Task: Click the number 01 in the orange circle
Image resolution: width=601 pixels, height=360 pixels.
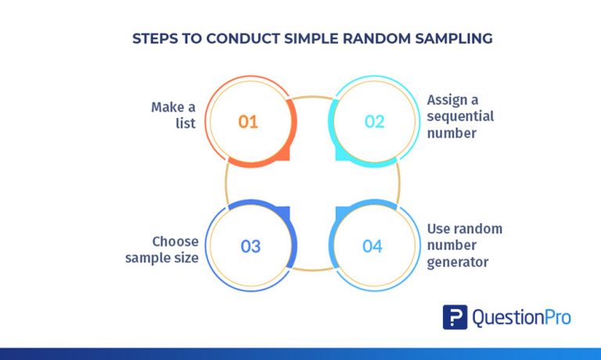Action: pyautogui.click(x=248, y=122)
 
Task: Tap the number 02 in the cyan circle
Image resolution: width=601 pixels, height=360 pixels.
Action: pyautogui.click(x=374, y=122)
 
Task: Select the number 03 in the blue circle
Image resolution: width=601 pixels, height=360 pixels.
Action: pyautogui.click(x=250, y=247)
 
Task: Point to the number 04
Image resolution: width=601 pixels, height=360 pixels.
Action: pyautogui.click(x=372, y=247)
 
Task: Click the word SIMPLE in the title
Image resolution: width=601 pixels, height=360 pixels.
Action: pyautogui.click(x=311, y=38)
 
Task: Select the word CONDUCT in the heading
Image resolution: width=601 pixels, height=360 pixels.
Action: pyautogui.click(x=243, y=38)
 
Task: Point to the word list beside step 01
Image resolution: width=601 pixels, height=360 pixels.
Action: pyautogui.click(x=185, y=123)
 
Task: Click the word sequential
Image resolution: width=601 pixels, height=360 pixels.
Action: pyautogui.click(x=460, y=117)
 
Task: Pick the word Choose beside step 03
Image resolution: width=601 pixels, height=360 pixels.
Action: pyautogui.click(x=175, y=242)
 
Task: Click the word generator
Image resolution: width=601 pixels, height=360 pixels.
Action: pyautogui.click(x=458, y=263)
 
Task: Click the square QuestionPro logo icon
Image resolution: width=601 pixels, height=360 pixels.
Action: pyautogui.click(x=455, y=317)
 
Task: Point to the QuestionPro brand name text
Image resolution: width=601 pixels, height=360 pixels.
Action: pyautogui.click(x=522, y=318)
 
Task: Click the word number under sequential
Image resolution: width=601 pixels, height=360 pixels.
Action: pyautogui.click(x=452, y=133)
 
